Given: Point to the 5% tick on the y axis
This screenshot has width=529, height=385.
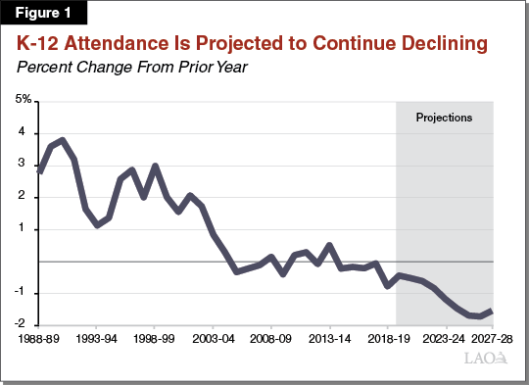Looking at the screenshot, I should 23,101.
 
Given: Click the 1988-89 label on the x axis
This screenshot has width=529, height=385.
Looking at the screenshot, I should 39,337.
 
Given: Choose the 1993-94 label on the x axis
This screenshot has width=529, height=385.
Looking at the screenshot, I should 96,337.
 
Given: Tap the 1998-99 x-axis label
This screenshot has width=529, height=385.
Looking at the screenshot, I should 155,337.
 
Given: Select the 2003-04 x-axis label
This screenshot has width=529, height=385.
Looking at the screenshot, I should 214,337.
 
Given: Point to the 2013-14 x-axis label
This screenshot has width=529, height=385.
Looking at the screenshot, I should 330,337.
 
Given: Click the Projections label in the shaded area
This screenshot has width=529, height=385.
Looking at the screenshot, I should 444,118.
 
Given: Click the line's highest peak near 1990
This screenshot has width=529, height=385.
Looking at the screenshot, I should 63,140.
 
